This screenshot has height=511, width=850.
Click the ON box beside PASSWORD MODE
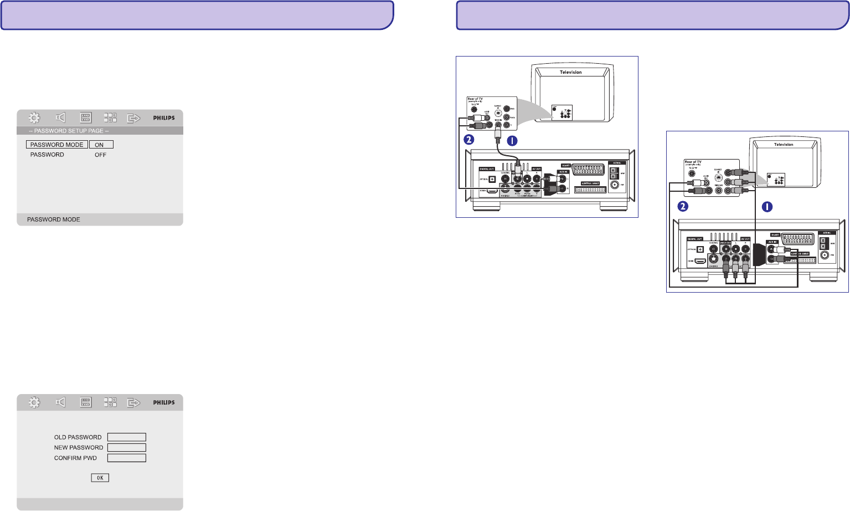101,145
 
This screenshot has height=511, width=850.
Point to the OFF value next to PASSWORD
100,155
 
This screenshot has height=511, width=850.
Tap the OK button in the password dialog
100,478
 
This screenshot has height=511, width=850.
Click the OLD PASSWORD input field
126,437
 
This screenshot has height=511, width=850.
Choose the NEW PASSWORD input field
126,448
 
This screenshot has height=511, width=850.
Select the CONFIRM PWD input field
126,458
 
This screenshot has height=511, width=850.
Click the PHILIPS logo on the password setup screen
164,118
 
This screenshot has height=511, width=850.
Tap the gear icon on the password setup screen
34,117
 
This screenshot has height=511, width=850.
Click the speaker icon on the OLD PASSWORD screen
60,402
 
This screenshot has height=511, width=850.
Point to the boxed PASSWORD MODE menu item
56,145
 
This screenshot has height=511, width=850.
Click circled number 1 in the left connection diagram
512,141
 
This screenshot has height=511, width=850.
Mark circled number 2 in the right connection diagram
683,207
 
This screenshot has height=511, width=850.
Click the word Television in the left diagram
570,72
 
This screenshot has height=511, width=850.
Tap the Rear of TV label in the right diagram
693,162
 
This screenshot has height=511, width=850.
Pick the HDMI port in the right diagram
700,260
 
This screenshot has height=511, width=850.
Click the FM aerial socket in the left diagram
614,185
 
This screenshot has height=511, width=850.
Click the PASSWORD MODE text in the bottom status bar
54,220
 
